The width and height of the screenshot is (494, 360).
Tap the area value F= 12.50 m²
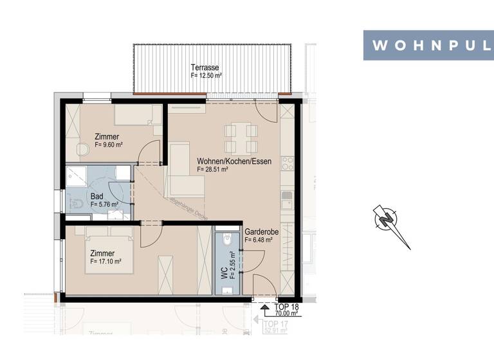click(206, 75)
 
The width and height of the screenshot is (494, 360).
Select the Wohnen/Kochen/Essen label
click(226, 161)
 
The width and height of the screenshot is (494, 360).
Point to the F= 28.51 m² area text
click(213, 170)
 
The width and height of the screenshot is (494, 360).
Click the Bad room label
click(96, 196)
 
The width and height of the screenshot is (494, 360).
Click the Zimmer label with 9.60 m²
click(107, 136)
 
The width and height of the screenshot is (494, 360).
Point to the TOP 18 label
click(286, 307)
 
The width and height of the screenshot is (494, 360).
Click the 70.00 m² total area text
click(286, 314)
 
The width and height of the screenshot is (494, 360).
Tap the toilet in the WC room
click(225, 240)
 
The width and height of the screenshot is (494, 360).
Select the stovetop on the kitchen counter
click(287, 165)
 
